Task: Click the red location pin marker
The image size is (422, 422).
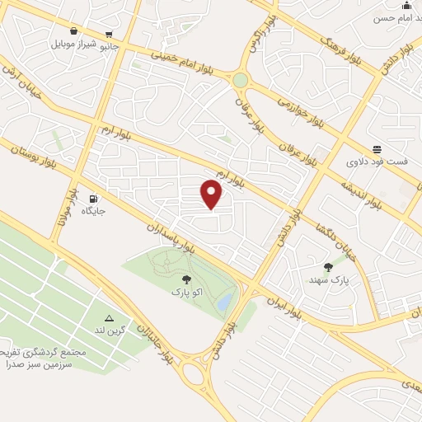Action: tap(212, 195)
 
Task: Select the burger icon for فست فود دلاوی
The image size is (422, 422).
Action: tap(377, 148)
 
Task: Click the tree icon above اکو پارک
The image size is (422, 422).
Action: tap(185, 279)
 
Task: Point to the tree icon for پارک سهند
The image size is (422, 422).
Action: tap(329, 267)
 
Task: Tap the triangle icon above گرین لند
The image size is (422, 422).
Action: tap(109, 318)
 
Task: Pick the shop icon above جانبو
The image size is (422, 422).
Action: tap(110, 35)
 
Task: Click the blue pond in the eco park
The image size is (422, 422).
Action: tap(224, 303)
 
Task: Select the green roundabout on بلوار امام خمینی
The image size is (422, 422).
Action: tap(240, 80)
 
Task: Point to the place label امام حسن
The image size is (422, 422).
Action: tap(396, 16)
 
